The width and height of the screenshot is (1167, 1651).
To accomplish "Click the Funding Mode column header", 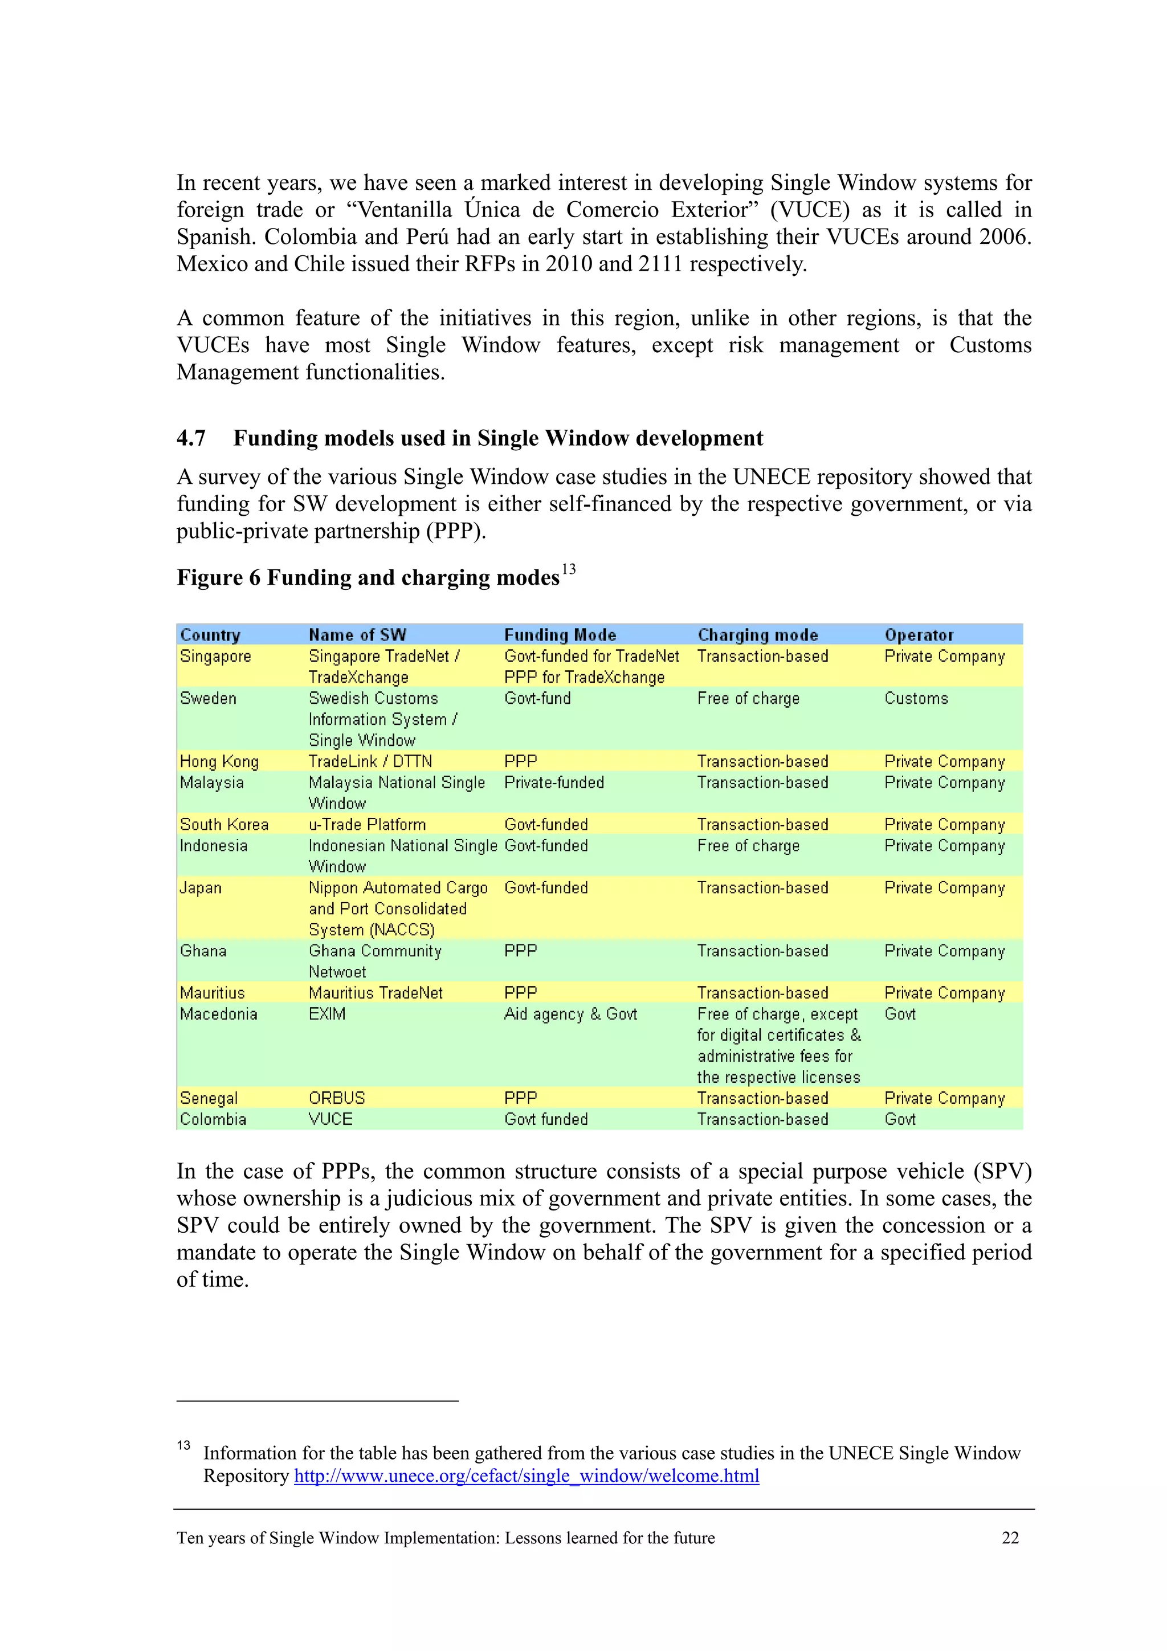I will click(x=560, y=635).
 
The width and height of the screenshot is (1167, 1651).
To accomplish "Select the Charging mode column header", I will click(x=757, y=635).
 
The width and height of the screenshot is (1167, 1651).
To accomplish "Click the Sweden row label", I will click(x=208, y=698).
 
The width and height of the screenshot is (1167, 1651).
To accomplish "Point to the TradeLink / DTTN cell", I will click(x=370, y=761).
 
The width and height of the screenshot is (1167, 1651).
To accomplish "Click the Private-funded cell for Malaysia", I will click(x=554, y=782).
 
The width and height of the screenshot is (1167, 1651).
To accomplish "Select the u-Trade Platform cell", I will click(x=367, y=825).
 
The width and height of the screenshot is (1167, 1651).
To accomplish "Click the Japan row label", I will click(x=201, y=888).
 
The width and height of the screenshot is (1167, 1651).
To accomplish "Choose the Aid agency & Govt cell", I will click(x=570, y=1014).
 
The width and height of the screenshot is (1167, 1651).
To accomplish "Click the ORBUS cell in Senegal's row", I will click(x=337, y=1098).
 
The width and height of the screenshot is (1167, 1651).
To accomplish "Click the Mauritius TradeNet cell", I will click(x=376, y=993).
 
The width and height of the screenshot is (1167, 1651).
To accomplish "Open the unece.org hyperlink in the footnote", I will click(x=527, y=1476).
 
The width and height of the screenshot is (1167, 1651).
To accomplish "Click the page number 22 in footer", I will click(x=1010, y=1538).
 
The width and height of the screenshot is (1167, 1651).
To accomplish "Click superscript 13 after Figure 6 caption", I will click(x=568, y=569).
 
